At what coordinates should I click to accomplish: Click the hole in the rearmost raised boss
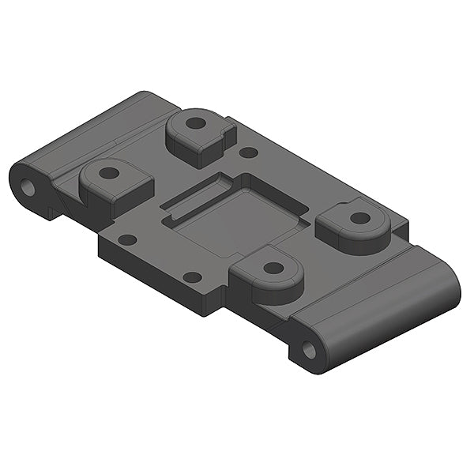point(195,124)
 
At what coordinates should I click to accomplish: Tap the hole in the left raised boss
point(109,172)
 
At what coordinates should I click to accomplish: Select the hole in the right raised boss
point(359,217)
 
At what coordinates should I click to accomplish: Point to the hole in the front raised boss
point(273,268)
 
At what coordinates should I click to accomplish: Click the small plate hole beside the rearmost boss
point(248,152)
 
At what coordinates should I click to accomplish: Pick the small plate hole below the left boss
point(127,239)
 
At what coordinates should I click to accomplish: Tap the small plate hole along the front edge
point(192,277)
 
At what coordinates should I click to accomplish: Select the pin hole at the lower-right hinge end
point(309,350)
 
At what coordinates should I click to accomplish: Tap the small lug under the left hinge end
point(54,212)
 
